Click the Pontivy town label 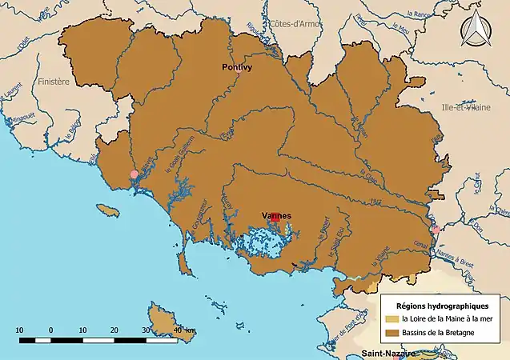[236, 69]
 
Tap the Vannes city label [276, 215]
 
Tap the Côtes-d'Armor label [294, 23]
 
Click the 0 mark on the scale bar [50, 330]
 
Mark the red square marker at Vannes [275, 218]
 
